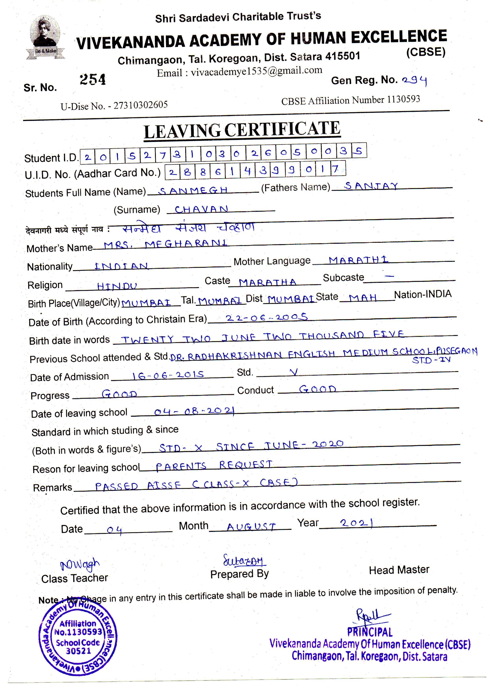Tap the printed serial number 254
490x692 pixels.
click(x=92, y=79)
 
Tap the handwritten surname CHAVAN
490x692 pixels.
click(x=201, y=209)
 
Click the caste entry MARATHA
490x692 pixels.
click(x=267, y=282)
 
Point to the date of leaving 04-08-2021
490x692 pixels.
click(x=194, y=411)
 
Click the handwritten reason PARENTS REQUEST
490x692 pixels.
click(x=214, y=465)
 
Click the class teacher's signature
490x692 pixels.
click(x=80, y=565)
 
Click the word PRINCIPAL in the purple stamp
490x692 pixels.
click(x=370, y=632)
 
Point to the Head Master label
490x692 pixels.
click(x=399, y=570)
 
